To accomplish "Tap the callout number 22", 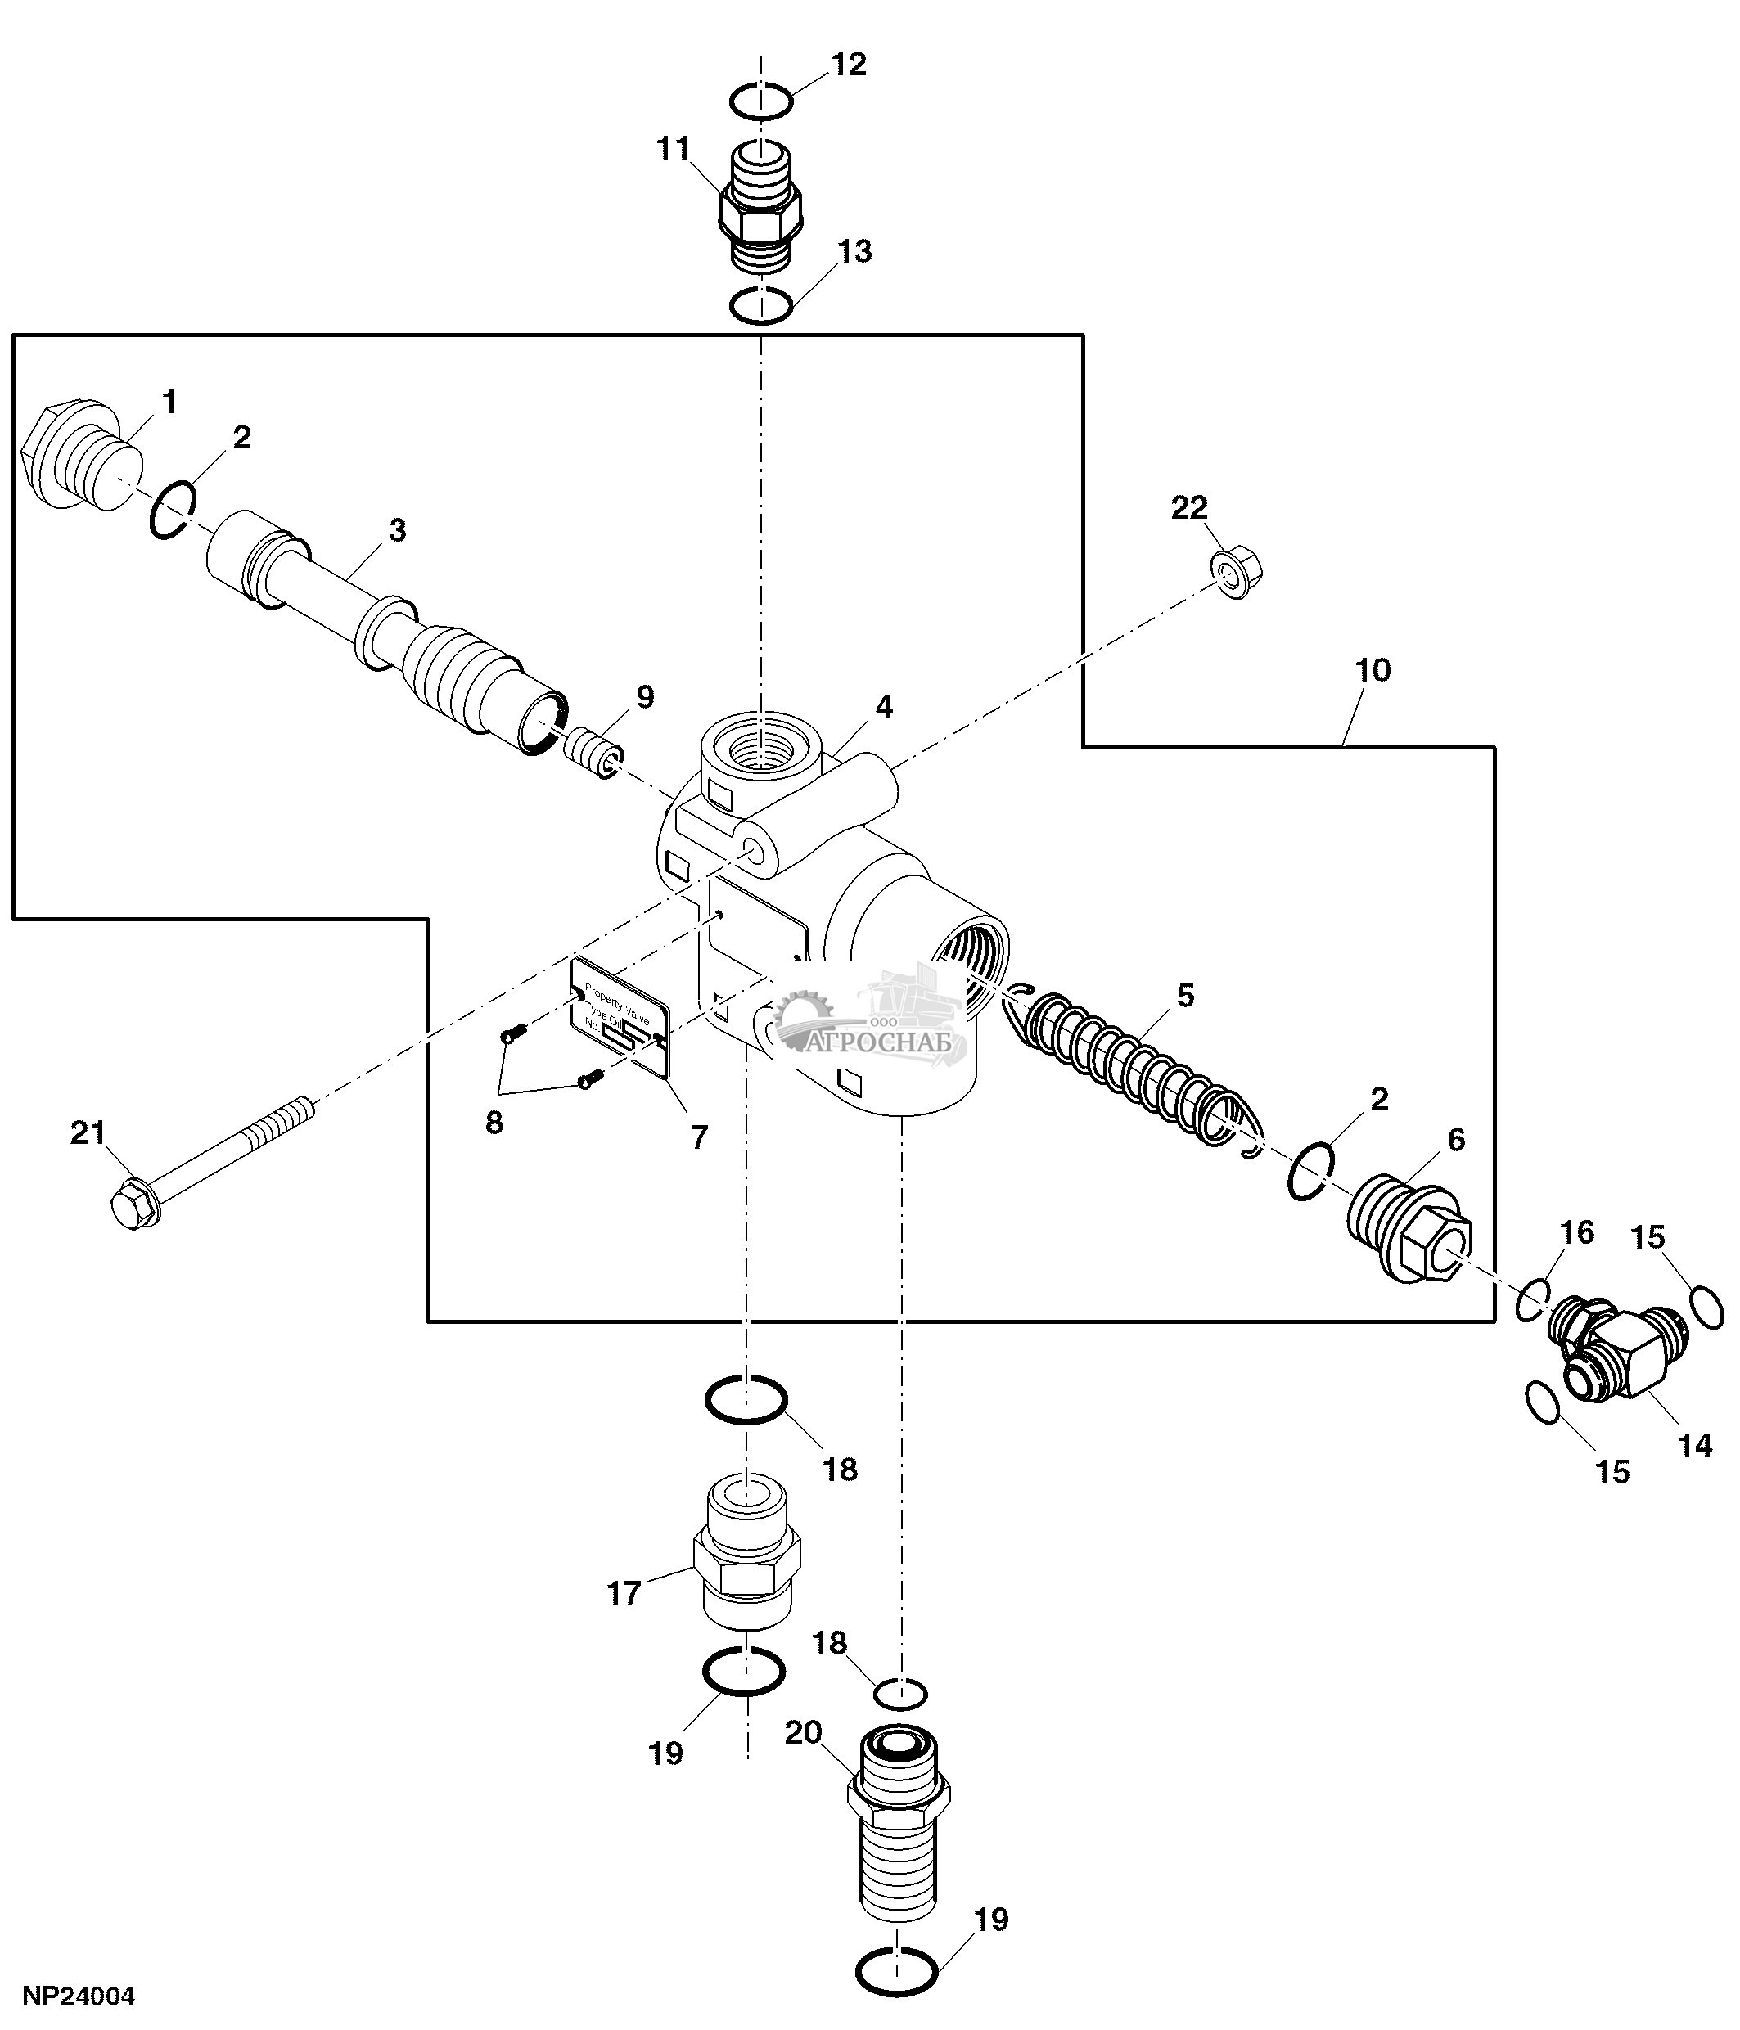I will click(x=1189, y=507).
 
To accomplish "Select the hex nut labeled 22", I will click(x=1237, y=574).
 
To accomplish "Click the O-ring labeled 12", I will click(x=761, y=101).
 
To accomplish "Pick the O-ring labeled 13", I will click(x=761, y=306).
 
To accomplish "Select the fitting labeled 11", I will click(x=761, y=209).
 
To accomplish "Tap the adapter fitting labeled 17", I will click(x=746, y=1564).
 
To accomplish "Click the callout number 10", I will click(x=1373, y=670).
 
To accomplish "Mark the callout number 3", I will click(x=397, y=530).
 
